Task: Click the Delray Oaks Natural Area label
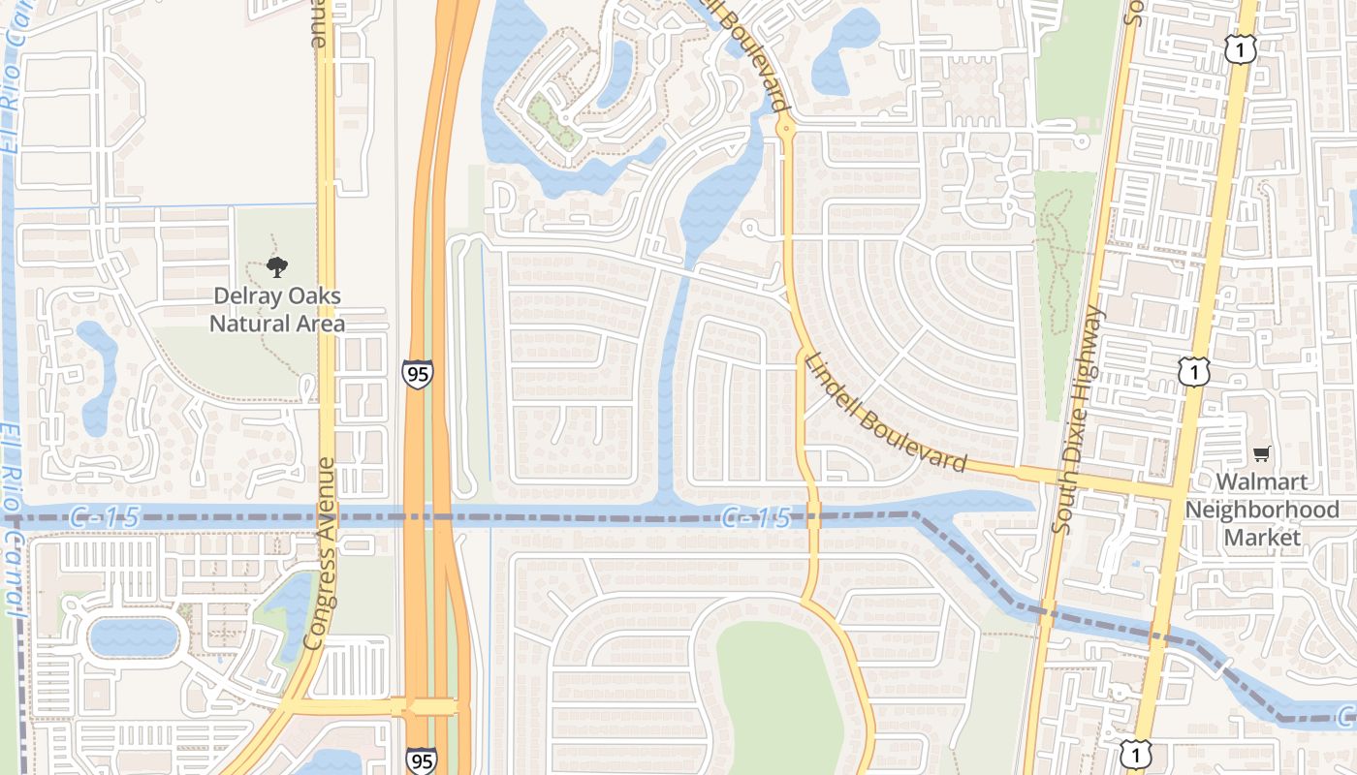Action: pyautogui.click(x=277, y=309)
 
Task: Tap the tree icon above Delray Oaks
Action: pyautogui.click(x=277, y=267)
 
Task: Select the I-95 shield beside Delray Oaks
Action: pyautogui.click(x=418, y=373)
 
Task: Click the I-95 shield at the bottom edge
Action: pyautogui.click(x=421, y=760)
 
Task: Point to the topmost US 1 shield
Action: pyautogui.click(x=1240, y=49)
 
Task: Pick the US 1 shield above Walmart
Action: pyautogui.click(x=1194, y=371)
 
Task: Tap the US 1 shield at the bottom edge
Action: pyautogui.click(x=1135, y=755)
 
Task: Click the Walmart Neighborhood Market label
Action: pyautogui.click(x=1262, y=509)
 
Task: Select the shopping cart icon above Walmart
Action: pyautogui.click(x=1261, y=453)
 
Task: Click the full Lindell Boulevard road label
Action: pyautogui.click(x=885, y=411)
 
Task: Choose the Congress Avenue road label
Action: pyautogui.click(x=321, y=553)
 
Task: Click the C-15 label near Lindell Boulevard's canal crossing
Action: pyautogui.click(x=757, y=518)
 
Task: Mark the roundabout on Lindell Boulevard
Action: pyautogui.click(x=785, y=126)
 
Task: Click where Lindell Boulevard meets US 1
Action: pyautogui.click(x=1174, y=486)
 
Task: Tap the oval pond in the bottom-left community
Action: pyautogui.click(x=134, y=637)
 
